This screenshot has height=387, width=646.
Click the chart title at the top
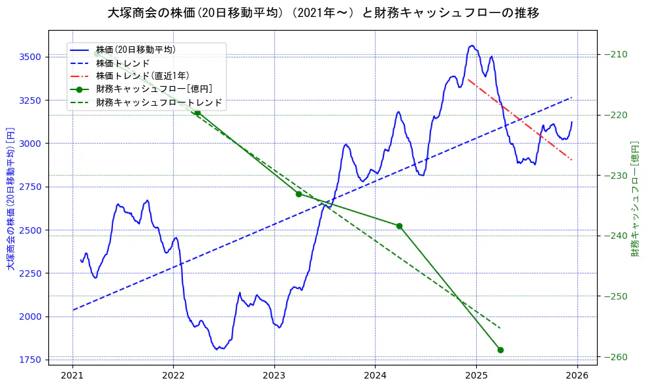(323, 12)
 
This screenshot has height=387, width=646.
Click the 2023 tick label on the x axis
(274, 377)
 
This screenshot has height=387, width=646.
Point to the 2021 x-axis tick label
(73, 377)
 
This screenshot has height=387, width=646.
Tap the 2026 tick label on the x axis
(577, 377)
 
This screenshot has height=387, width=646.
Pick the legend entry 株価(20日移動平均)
(135, 50)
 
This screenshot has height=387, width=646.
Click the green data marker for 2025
(500, 350)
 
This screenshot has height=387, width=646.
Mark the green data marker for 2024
(399, 226)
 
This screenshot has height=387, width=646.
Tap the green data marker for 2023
(299, 194)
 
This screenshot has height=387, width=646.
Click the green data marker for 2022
(197, 113)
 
